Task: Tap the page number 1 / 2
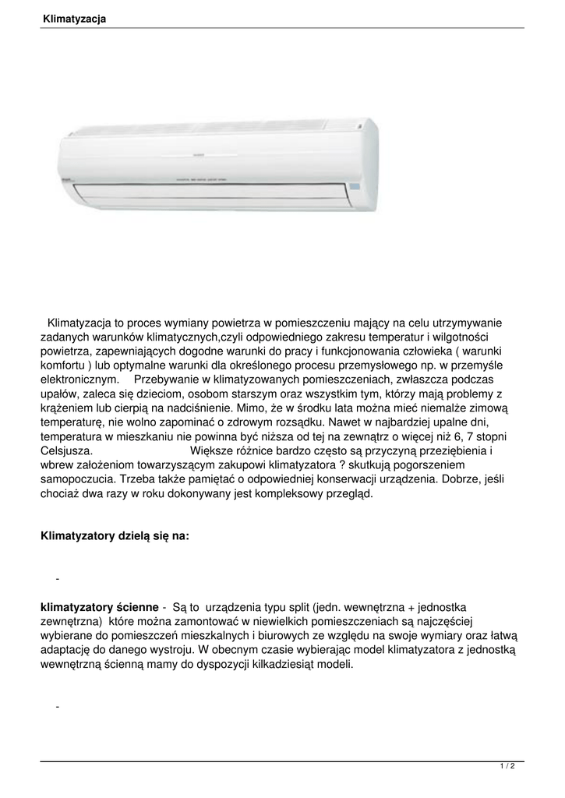coord(507,767)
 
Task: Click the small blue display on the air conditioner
coord(356,188)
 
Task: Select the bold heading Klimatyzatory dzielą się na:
coord(114,536)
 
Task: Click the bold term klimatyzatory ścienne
coord(99,606)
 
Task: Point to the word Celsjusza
coord(67,450)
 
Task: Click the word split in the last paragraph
coord(296,606)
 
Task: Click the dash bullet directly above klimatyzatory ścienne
coord(58,580)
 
